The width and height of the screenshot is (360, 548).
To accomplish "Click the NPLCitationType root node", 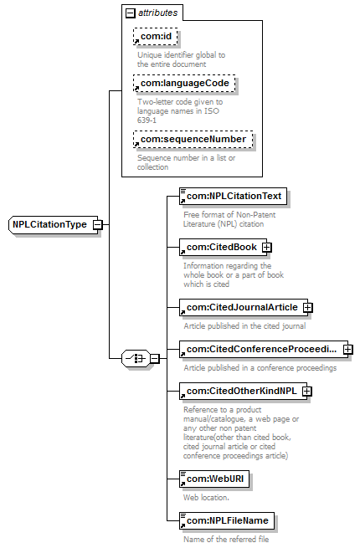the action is click(x=53, y=224).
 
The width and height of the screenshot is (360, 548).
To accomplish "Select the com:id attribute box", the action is click(x=156, y=36).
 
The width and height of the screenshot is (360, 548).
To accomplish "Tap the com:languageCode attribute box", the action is click(x=184, y=83).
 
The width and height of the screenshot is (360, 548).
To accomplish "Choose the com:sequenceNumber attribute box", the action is click(x=193, y=139).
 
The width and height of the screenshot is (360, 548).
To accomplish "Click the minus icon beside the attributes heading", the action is click(x=130, y=13).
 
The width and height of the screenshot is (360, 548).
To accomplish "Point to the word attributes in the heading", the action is click(x=157, y=13).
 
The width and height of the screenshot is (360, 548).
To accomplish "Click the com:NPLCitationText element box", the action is click(x=233, y=196).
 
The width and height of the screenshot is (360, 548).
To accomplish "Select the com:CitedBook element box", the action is click(x=224, y=247).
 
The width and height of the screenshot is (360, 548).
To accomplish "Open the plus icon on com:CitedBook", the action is click(x=267, y=247).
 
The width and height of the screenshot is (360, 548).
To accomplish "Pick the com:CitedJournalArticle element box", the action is click(x=244, y=307).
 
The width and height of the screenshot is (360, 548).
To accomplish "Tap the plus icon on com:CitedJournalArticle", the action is click(x=308, y=307).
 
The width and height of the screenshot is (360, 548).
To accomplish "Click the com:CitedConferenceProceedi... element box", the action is click(x=264, y=349).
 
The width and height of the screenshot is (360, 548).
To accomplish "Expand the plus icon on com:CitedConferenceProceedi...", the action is click(x=348, y=349).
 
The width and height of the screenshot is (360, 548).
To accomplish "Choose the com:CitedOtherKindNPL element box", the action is click(x=243, y=391).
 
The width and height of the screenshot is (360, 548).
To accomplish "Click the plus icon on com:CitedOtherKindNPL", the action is click(x=306, y=391).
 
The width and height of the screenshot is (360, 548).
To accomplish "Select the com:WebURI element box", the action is click(x=214, y=479).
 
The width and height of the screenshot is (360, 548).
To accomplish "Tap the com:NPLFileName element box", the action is click(x=227, y=520).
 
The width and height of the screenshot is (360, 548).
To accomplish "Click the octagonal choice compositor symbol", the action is click(x=136, y=358).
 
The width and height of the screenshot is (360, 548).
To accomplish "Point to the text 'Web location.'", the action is click(x=206, y=497).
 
